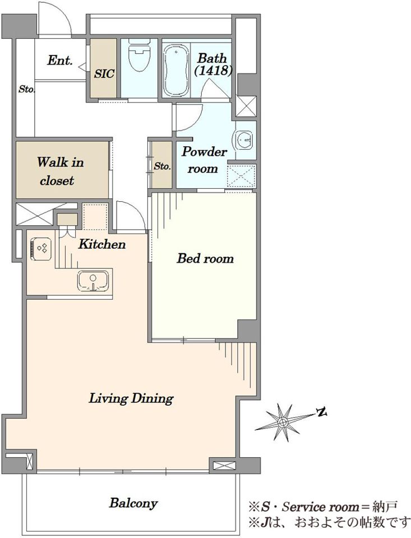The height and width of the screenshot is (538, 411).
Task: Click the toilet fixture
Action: tap(139, 55)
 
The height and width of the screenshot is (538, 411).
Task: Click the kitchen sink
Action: tap(93, 281)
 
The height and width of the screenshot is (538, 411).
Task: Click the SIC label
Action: tap(104, 73)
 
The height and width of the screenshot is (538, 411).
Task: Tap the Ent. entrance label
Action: tap(60, 61)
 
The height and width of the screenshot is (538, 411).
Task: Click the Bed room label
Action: tap(205, 258)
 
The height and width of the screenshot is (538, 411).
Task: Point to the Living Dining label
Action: tap(131, 398)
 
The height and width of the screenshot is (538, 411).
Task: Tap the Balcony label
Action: tap(133, 503)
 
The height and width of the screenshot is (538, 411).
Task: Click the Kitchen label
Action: tap(102, 244)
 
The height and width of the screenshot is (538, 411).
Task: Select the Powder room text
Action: tap(204, 160)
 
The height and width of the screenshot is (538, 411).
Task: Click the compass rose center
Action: tap(283, 421)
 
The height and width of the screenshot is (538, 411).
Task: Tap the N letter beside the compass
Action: tap(322, 412)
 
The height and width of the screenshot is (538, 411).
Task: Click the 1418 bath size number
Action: tap(214, 71)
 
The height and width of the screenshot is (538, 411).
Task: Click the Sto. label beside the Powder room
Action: tap(162, 166)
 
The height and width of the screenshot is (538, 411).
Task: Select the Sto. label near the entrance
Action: tap(26, 90)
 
